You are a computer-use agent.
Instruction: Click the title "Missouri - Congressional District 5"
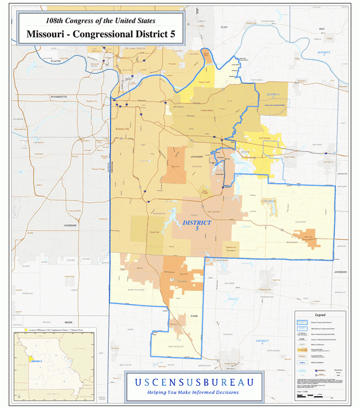100,34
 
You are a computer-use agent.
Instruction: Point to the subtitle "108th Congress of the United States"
100,21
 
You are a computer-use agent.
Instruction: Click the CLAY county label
224,27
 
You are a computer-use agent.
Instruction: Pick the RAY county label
322,28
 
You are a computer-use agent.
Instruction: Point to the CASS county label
194,316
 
